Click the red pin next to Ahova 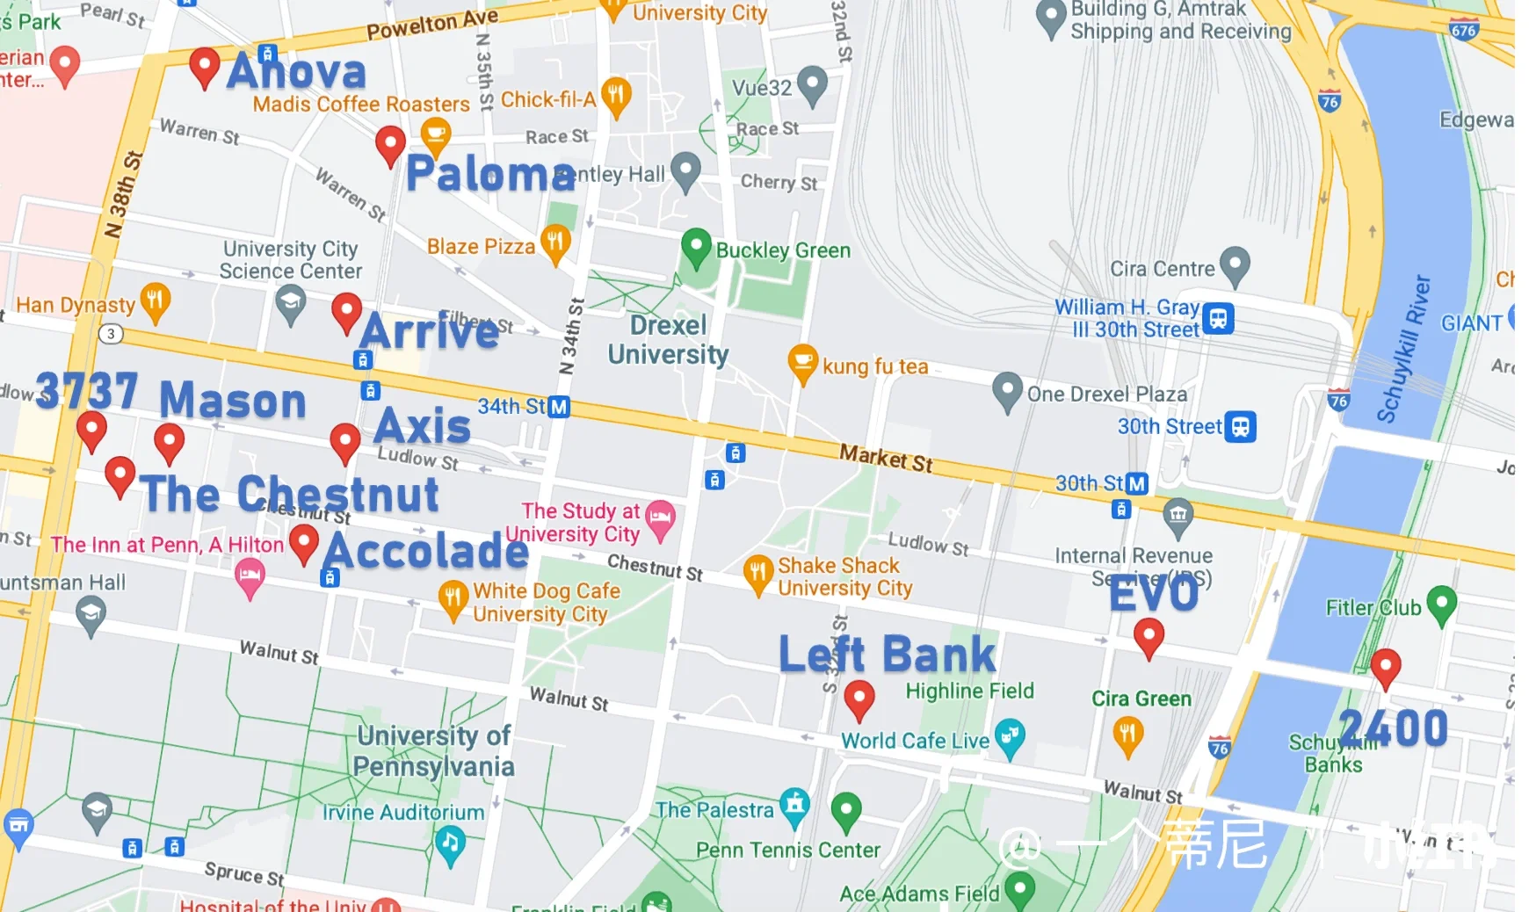(204, 65)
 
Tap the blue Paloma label (490, 174)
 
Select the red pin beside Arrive (346, 310)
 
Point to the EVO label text (1153, 595)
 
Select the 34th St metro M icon (559, 407)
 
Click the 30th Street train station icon (1240, 427)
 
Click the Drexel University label (668, 340)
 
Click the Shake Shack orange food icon (757, 573)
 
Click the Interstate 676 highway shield (1463, 30)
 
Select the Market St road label (886, 458)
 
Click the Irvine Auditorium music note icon (450, 843)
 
